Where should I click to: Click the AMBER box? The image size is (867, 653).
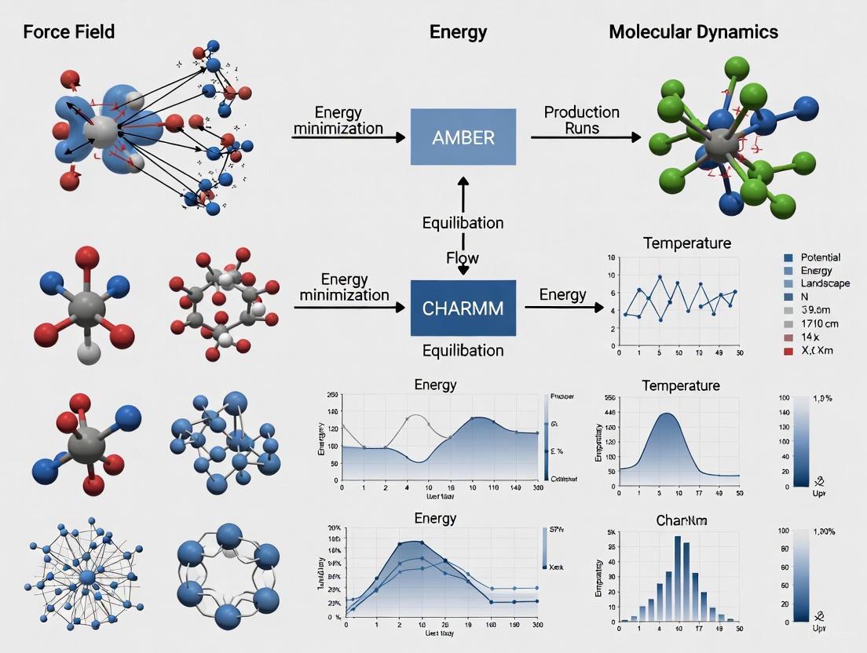point(463,137)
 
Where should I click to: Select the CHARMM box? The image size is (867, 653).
point(463,308)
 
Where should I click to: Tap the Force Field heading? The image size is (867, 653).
point(69,32)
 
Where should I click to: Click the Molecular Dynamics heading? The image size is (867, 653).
point(693,32)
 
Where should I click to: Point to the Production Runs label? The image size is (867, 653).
point(582,120)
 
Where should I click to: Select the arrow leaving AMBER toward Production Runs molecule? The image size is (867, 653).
point(585,137)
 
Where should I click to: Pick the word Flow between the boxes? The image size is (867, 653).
point(463,257)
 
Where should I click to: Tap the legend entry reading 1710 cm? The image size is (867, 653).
point(820,323)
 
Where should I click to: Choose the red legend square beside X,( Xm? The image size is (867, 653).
point(788,351)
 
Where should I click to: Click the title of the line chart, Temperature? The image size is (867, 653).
point(686,243)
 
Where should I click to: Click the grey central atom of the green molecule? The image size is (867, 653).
point(718,146)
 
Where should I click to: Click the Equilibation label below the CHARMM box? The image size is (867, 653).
point(463,350)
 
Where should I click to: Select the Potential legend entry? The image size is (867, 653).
point(820,257)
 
